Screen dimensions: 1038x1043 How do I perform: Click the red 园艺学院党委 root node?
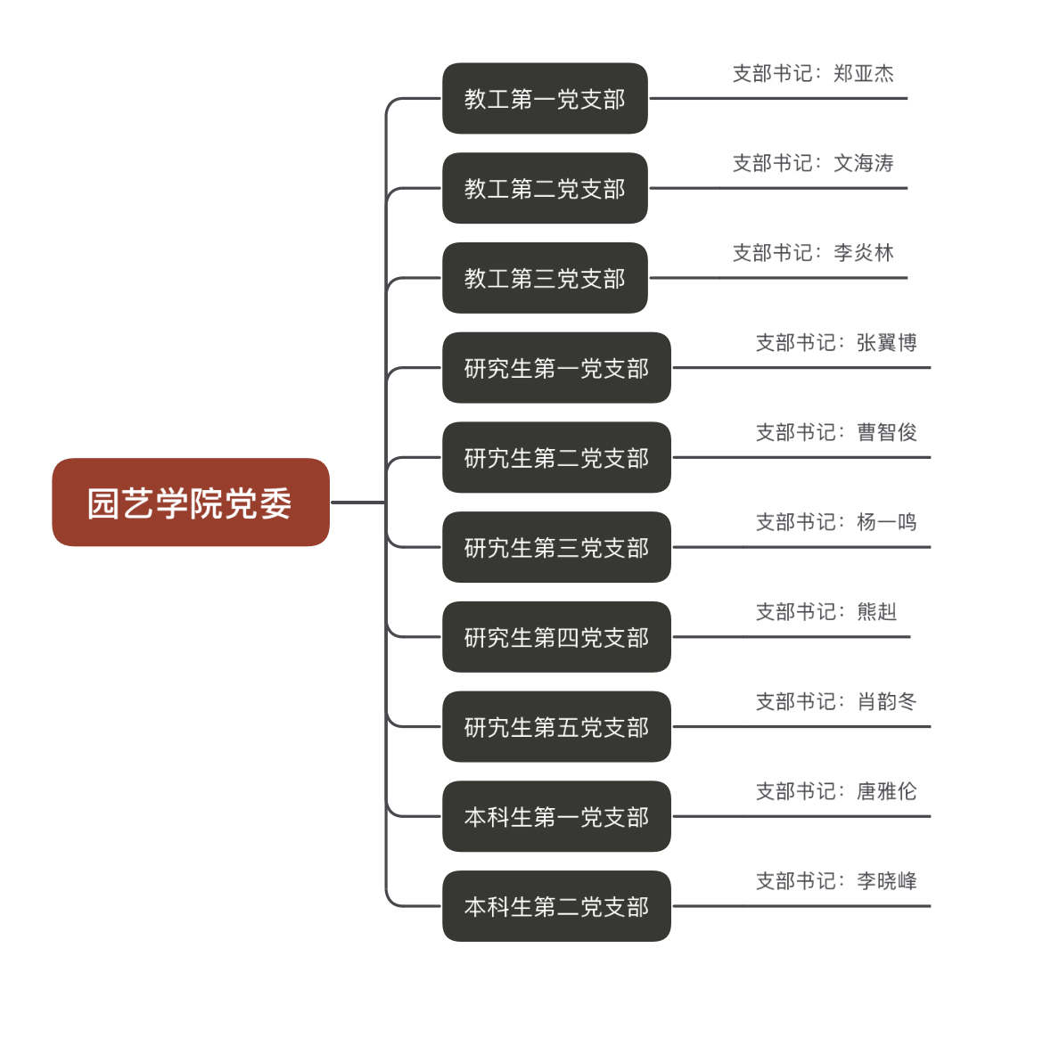coord(190,503)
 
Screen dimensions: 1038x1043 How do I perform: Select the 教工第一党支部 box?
coord(545,99)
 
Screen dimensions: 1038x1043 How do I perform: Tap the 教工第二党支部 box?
coord(545,189)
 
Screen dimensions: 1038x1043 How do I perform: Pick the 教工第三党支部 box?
coord(545,278)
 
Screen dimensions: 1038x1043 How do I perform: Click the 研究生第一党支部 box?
coord(556,368)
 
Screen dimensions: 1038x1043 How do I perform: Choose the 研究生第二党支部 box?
coord(556,458)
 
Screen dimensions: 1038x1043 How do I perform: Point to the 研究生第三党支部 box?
coord(556,547)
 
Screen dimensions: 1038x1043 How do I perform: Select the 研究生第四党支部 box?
coord(556,637)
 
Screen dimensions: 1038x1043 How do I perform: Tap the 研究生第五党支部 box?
coord(556,727)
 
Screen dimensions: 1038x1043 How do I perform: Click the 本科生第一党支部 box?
coord(556,817)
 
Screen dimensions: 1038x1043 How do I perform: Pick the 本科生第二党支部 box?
coord(556,906)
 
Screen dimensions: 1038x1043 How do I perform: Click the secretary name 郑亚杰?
coord(864,74)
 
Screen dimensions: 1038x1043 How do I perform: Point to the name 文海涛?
coord(864,163)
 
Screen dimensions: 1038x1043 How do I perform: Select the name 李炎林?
coord(864,253)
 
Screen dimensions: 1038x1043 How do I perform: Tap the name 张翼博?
coord(887,343)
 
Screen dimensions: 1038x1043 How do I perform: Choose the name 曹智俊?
coord(887,432)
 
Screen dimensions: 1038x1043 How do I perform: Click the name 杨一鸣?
coord(887,522)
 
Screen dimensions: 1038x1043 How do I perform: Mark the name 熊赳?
coord(877,612)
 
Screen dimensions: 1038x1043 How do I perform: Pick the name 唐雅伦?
coord(887,791)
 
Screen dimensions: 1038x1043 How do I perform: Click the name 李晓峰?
coord(887,881)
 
